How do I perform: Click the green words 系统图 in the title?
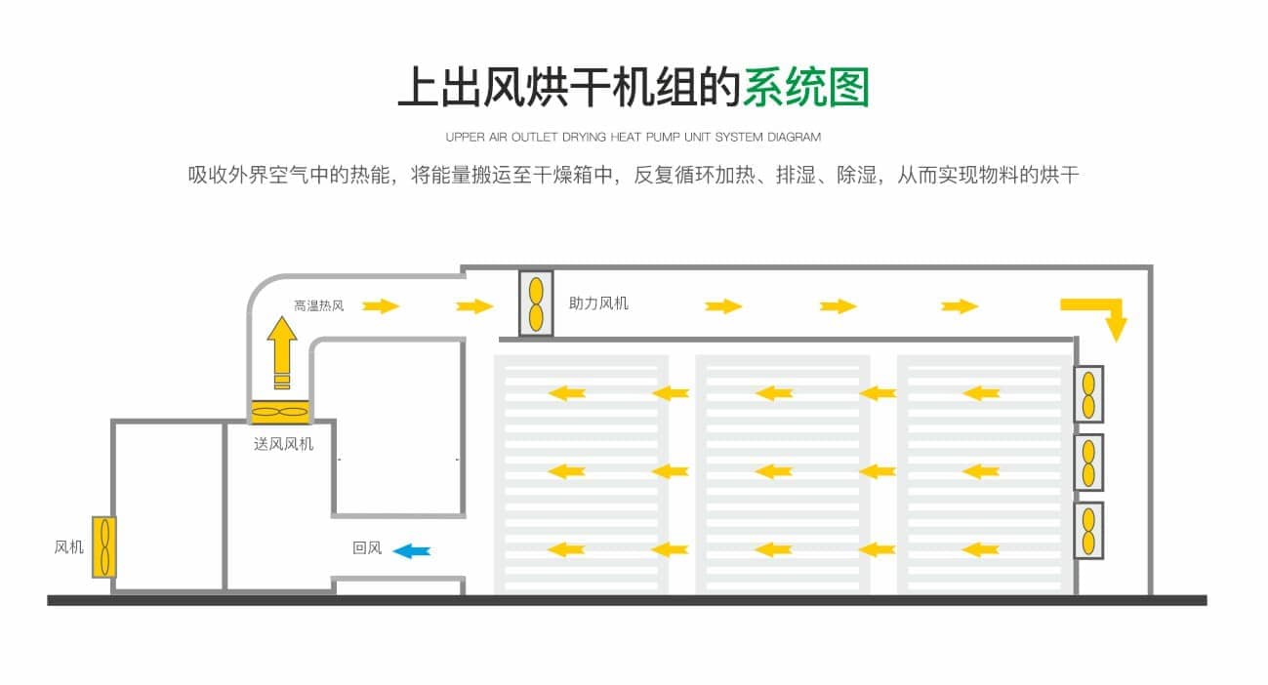tap(805, 88)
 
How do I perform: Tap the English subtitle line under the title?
tap(634, 138)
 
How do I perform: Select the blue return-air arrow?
tap(412, 551)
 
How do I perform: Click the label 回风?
tap(367, 548)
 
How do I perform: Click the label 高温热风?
tap(319, 306)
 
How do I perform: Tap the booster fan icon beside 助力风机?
tap(536, 303)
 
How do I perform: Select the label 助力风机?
tap(598, 303)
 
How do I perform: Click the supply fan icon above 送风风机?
tap(280, 413)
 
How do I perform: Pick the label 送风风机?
tap(284, 445)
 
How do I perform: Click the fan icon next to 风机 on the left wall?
tap(104, 546)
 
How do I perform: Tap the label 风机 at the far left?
tap(68, 547)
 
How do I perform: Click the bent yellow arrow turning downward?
tap(1099, 315)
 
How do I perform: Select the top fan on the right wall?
tap(1088, 393)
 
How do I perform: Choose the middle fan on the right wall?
tap(1088, 462)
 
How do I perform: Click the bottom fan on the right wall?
tap(1088, 530)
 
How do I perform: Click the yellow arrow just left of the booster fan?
tap(474, 306)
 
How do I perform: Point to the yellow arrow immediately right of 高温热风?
tap(381, 306)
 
